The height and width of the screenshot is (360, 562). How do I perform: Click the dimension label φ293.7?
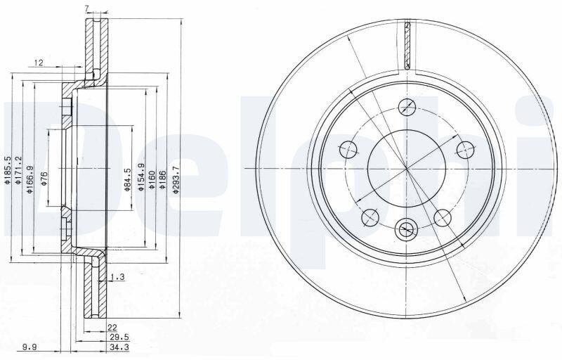point(176,180)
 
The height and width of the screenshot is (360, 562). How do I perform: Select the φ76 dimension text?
point(44,179)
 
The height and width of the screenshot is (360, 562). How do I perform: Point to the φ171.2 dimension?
point(19,170)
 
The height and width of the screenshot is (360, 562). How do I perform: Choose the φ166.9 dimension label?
point(30,179)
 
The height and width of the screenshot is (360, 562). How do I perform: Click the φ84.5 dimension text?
point(127,179)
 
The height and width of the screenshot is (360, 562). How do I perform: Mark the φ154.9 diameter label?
point(141,176)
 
